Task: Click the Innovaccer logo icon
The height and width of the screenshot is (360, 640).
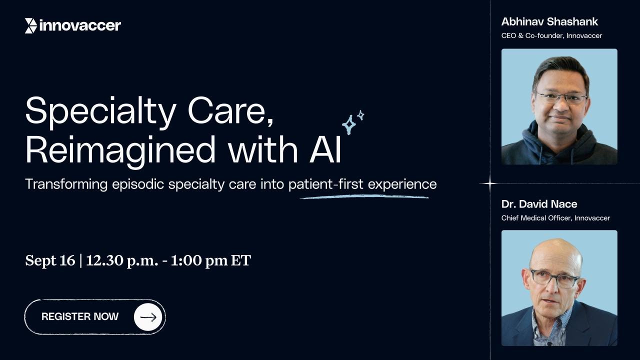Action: pyautogui.click(x=30, y=25)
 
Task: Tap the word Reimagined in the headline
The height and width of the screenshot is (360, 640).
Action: pyautogui.click(x=120, y=149)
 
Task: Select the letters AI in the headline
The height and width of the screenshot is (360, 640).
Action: pyautogui.click(x=325, y=149)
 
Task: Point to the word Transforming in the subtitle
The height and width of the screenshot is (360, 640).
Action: pyautogui.click(x=66, y=184)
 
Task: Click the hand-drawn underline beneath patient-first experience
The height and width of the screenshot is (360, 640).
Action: pyautogui.click(x=364, y=197)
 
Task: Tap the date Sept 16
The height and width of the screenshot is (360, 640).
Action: pyautogui.click(x=49, y=260)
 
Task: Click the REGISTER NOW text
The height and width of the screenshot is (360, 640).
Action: pyautogui.click(x=80, y=316)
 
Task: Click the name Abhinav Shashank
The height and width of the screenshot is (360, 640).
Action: pyautogui.click(x=549, y=21)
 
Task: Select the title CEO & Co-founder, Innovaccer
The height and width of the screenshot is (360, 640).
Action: pyautogui.click(x=551, y=36)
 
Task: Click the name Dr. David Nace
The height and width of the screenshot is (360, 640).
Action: pyautogui.click(x=539, y=204)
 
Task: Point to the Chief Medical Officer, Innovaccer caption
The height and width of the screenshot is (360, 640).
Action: pyautogui.click(x=555, y=218)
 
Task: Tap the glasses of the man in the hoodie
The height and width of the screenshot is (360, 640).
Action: pyautogui.click(x=560, y=97)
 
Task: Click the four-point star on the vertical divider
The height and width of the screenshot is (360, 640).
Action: pyautogui.click(x=490, y=183)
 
